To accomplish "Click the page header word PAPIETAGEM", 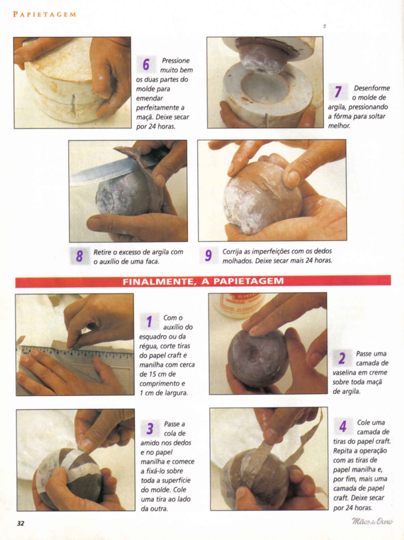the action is (44, 14).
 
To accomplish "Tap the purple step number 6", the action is (146, 64).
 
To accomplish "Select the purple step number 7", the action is (338, 92).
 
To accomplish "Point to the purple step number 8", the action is (79, 256).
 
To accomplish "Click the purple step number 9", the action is (208, 255).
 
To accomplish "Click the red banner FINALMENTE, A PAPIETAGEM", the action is (203, 281).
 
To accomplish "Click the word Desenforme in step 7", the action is (372, 88).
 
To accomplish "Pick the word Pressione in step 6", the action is (176, 61).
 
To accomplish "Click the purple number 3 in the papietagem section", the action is (150, 429).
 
